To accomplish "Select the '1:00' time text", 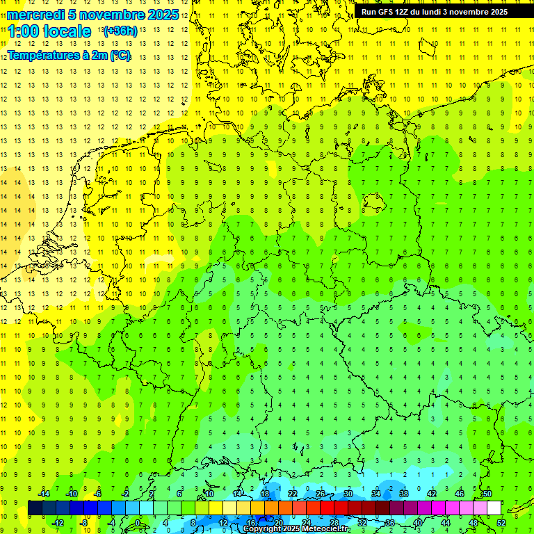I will click(x=23, y=31).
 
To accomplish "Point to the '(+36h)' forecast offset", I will click(x=119, y=31).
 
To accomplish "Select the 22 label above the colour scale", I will click(x=293, y=494).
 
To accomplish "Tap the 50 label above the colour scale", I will click(x=487, y=494).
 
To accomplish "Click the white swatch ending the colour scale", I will click(x=494, y=508).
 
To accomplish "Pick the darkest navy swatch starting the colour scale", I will click(x=35, y=508).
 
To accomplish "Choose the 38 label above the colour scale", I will click(x=404, y=494).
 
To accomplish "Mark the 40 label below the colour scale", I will click(x=418, y=523).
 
